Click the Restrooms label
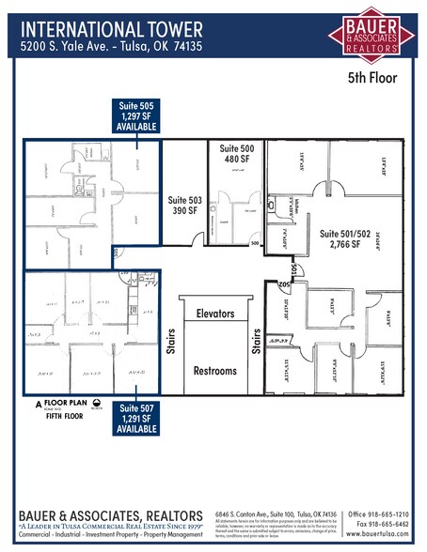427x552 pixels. (215, 371)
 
